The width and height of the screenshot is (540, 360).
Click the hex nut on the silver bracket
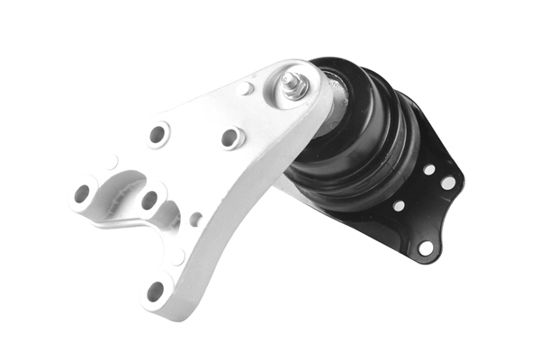pos(292,88)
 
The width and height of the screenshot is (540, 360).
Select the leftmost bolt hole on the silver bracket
pos(82,192)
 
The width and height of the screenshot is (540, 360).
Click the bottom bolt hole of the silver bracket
pos(155,291)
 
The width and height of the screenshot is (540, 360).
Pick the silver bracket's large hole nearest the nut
pos(230,138)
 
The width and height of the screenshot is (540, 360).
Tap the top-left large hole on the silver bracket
pos(157,134)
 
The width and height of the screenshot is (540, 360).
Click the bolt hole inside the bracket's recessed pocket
pos(149,200)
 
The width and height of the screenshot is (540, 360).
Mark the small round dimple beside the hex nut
pos(247,88)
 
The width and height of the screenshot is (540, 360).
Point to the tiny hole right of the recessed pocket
pos(195,219)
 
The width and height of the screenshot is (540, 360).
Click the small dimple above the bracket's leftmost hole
pos(112,163)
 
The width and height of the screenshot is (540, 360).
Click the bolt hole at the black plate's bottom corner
pos(425,247)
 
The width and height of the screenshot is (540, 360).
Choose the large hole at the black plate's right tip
pos(447,183)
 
